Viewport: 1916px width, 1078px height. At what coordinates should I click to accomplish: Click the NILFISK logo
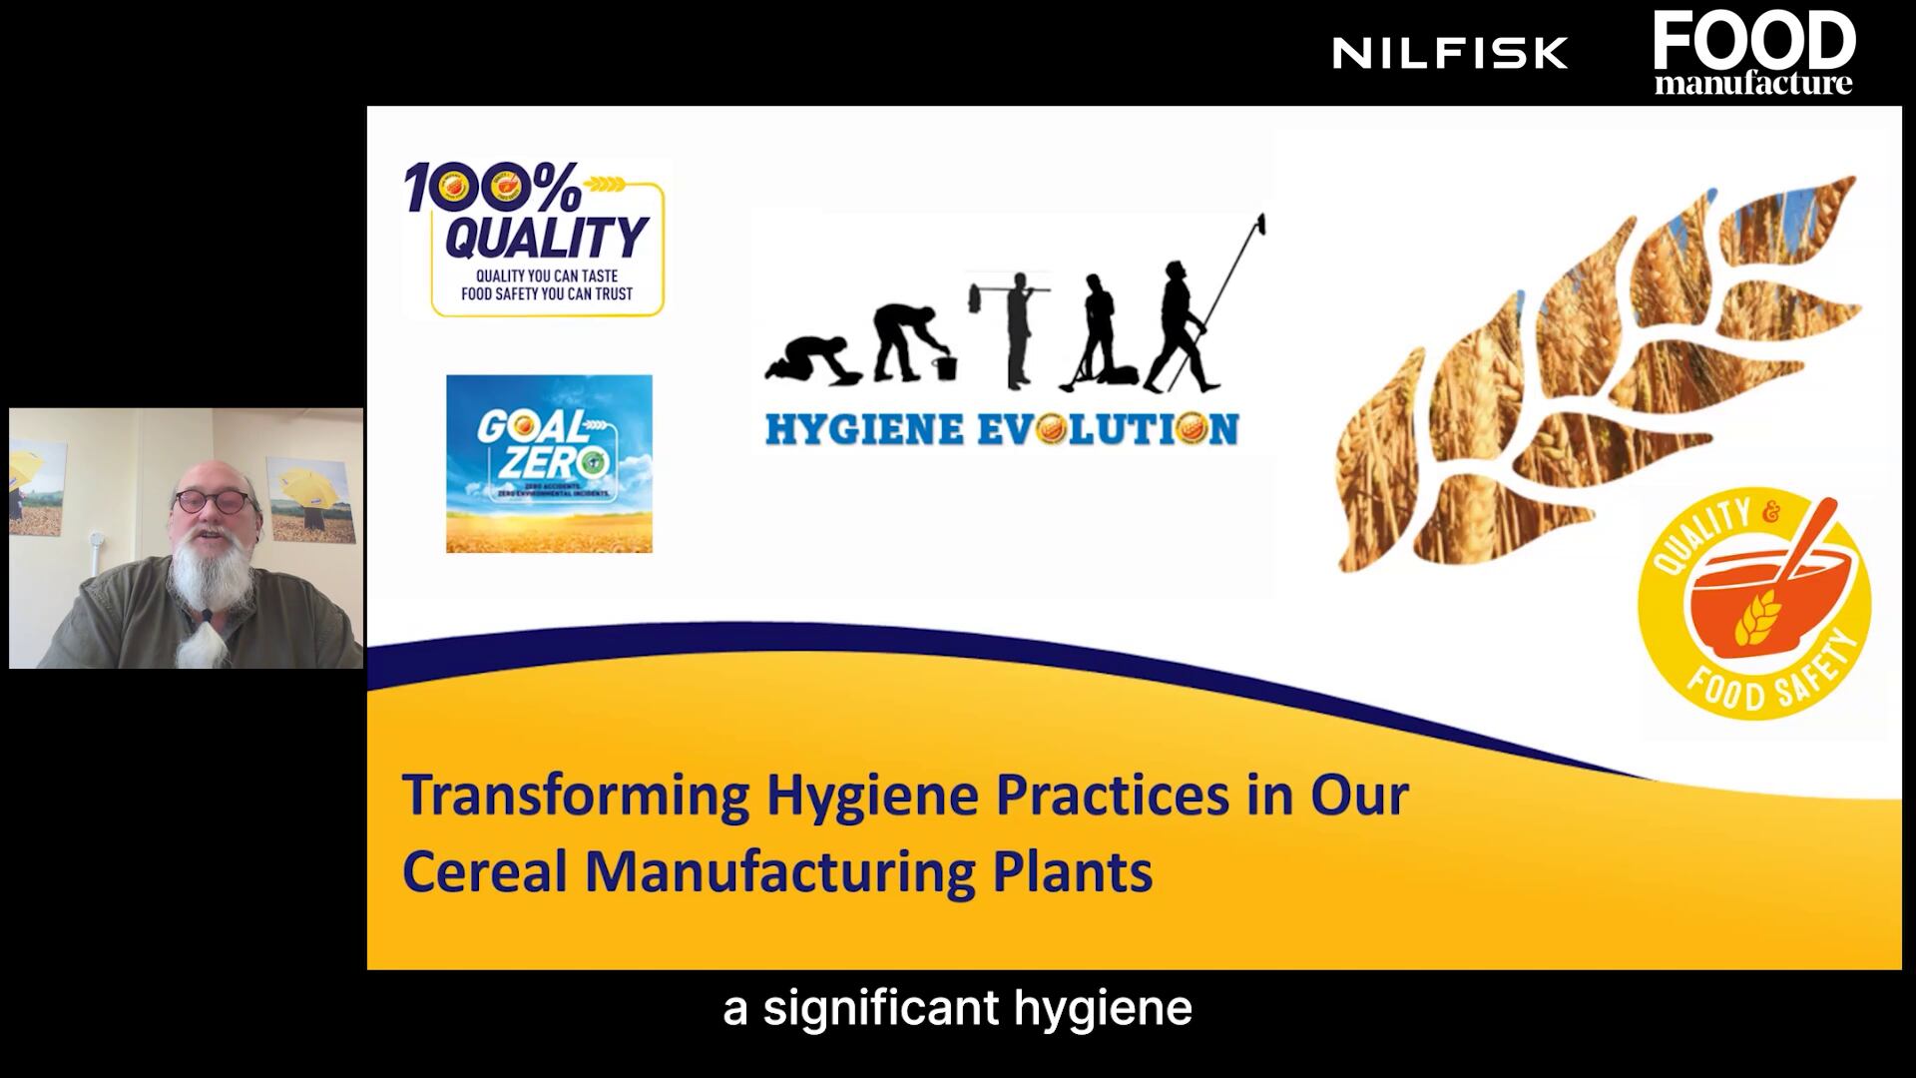(1450, 53)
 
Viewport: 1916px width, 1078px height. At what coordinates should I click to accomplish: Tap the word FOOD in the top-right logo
(1753, 40)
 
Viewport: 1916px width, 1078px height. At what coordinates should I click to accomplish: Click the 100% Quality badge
(536, 239)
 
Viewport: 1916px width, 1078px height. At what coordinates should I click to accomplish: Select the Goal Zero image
(549, 463)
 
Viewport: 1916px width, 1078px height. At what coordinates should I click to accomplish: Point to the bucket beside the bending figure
(944, 366)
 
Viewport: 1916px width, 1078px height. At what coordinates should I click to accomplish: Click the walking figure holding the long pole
(1183, 324)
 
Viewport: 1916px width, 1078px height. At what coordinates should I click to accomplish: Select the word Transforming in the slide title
(576, 796)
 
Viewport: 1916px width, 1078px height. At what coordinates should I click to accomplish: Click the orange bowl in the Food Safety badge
(1766, 599)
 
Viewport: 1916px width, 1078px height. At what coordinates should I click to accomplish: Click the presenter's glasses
(211, 500)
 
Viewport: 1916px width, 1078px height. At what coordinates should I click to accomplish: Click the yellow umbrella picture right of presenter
(310, 499)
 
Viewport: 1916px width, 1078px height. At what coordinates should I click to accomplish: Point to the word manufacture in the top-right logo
(1753, 83)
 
